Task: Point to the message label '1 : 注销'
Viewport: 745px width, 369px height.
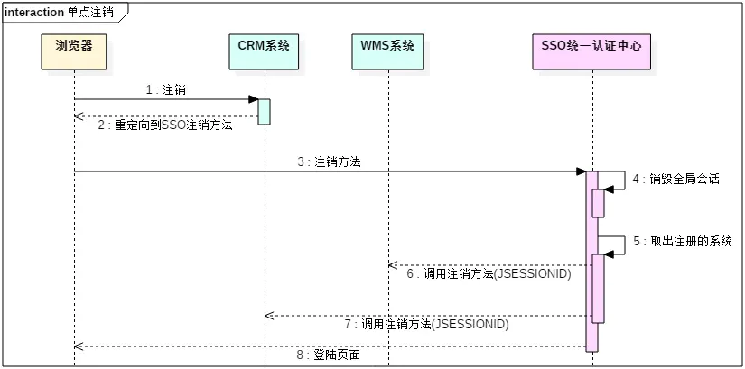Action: pyautogui.click(x=166, y=89)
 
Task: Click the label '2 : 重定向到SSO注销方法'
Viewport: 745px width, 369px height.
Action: pyautogui.click(x=166, y=125)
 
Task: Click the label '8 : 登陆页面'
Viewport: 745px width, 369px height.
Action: pyautogui.click(x=331, y=355)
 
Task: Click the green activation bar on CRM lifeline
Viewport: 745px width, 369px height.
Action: pyautogui.click(x=265, y=111)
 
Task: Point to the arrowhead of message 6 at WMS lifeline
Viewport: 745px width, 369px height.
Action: pyautogui.click(x=393, y=265)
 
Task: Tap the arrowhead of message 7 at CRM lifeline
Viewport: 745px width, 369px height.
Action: pyautogui.click(x=269, y=315)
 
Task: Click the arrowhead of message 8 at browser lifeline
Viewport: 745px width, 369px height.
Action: pyautogui.click(x=79, y=346)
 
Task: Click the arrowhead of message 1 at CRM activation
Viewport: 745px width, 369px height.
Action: pyautogui.click(x=255, y=98)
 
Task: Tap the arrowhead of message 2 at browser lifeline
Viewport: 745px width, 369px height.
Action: pyautogui.click(x=79, y=115)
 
